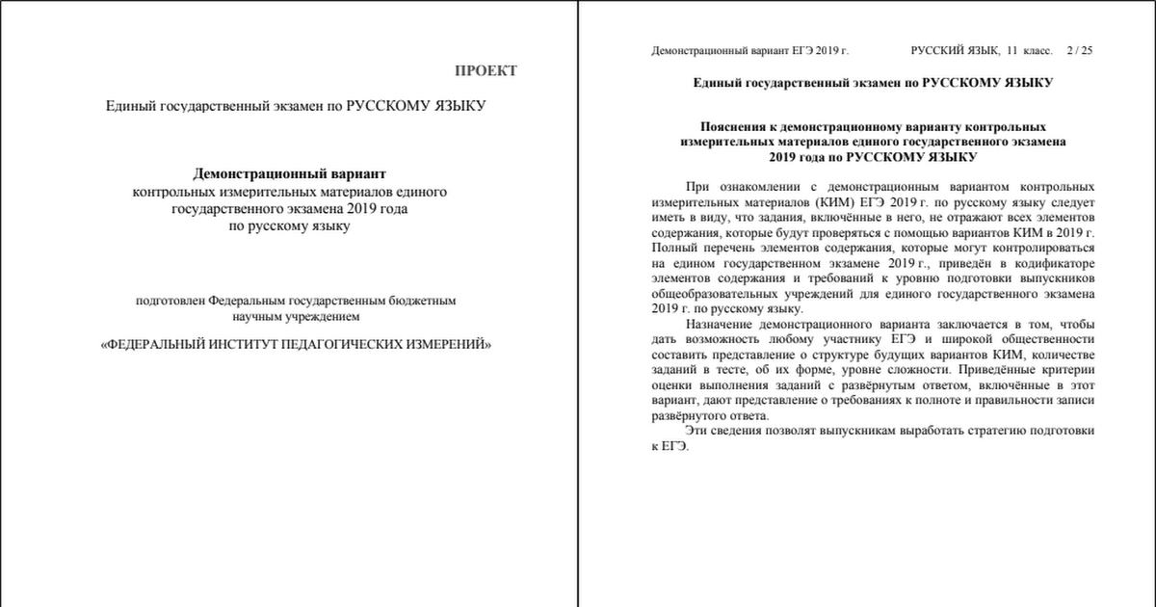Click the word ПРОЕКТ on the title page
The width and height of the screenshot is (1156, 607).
(x=486, y=70)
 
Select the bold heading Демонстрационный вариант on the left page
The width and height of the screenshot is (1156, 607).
(x=290, y=174)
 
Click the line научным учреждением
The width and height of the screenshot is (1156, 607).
(x=295, y=316)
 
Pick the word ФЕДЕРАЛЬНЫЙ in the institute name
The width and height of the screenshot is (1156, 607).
(x=156, y=344)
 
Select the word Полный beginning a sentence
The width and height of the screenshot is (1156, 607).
(x=673, y=248)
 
